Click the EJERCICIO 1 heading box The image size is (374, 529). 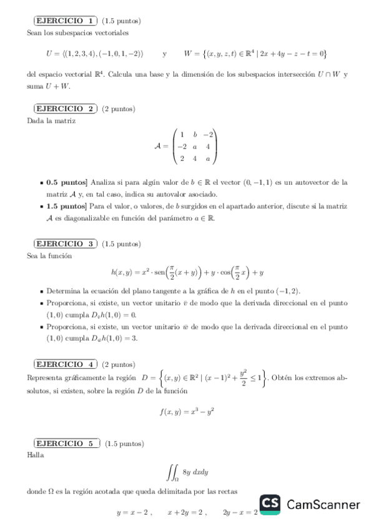(x=63, y=21)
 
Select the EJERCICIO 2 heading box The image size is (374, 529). (x=63, y=109)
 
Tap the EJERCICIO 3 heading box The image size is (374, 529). (x=63, y=243)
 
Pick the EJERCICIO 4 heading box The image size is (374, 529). (x=63, y=364)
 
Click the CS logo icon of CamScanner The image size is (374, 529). (x=270, y=504)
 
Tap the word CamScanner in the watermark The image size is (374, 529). (x=323, y=504)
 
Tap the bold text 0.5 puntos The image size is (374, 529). (x=65, y=183)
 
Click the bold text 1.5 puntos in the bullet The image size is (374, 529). (x=65, y=205)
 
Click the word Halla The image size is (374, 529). (x=36, y=455)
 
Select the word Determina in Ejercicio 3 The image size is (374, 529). (x=64, y=291)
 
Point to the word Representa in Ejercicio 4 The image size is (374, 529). (x=47, y=377)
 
